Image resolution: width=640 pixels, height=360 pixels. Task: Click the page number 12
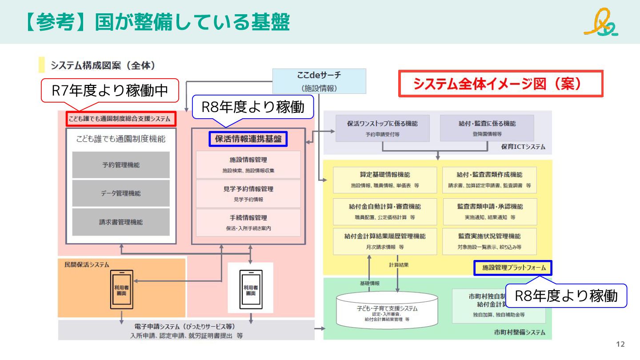(620, 344)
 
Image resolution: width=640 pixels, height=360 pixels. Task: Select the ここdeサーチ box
(319, 81)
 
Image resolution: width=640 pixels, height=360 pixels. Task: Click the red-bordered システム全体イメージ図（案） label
(500, 84)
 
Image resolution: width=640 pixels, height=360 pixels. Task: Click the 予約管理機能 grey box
(121, 165)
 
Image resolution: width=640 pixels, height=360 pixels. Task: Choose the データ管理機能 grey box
(121, 193)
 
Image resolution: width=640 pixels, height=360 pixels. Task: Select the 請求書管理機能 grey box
(121, 222)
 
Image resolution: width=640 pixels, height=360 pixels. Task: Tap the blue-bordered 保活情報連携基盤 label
(248, 139)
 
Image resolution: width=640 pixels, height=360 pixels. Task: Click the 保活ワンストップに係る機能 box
(382, 128)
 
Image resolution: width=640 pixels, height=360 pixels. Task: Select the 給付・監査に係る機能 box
(487, 128)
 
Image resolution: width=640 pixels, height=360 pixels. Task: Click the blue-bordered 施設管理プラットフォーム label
(513, 268)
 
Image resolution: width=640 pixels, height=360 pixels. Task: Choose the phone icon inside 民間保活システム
(121, 289)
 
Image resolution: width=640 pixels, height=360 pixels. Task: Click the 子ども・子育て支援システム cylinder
(387, 309)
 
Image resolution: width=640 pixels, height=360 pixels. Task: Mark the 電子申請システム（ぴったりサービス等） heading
(187, 326)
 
